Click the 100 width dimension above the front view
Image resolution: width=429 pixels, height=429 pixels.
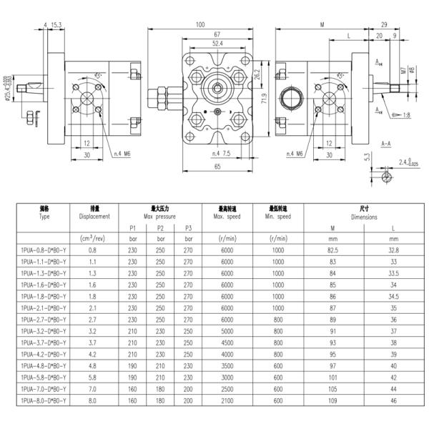[x=199, y=25]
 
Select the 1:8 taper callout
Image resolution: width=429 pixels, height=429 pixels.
[x=405, y=114]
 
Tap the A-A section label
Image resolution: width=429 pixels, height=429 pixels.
[x=385, y=143]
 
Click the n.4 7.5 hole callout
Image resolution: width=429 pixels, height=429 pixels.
[x=220, y=153]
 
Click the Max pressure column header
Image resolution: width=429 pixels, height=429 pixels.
[x=160, y=212]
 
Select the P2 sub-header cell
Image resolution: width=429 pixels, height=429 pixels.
[x=160, y=227]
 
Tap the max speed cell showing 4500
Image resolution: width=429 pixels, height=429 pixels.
[x=227, y=342]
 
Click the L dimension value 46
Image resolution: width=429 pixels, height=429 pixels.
[x=393, y=400]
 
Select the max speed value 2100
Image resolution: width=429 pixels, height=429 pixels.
[x=227, y=400]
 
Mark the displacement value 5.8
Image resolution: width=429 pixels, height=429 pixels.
[x=93, y=377]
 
